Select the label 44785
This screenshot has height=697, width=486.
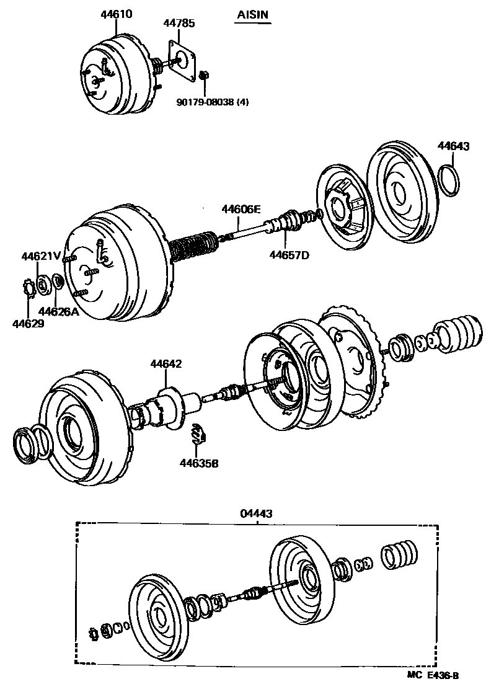pyautogui.click(x=179, y=24)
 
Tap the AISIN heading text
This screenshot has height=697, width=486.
pyautogui.click(x=254, y=14)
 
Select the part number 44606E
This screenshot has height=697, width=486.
pyautogui.click(x=241, y=210)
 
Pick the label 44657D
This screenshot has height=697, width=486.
pyautogui.click(x=288, y=254)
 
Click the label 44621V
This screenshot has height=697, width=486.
pyautogui.click(x=41, y=256)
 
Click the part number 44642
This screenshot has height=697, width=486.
pyautogui.click(x=166, y=364)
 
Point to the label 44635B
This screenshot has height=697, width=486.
pyautogui.click(x=200, y=462)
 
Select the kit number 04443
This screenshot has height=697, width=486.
pyautogui.click(x=256, y=513)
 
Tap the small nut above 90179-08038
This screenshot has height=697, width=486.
pyautogui.click(x=204, y=76)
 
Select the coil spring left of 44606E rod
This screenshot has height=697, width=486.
pyautogui.click(x=192, y=246)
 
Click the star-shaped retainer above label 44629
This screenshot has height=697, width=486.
pyautogui.click(x=29, y=288)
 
